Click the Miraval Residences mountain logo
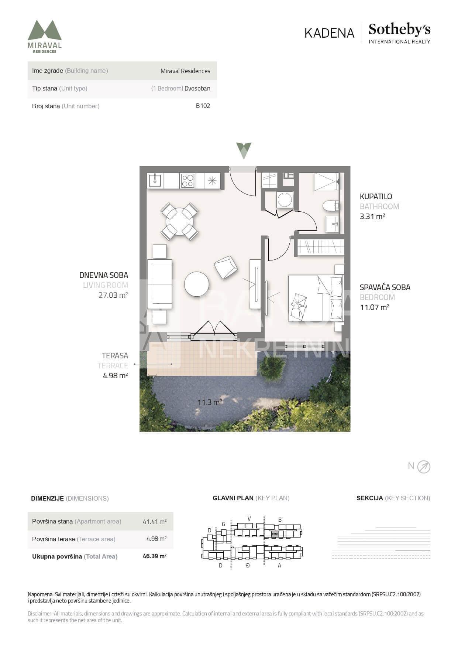45,30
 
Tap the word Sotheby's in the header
399,29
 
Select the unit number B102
203,106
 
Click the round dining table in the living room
180,221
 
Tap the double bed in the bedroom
316,298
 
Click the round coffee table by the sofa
197,284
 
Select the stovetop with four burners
187,181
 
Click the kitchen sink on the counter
155,181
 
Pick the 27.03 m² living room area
113,295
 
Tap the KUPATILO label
376,197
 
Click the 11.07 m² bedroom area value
375,307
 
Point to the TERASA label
115,356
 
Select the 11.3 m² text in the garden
210,402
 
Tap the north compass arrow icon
424,467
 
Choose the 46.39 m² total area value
155,556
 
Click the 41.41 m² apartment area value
155,521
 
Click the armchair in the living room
226,267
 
